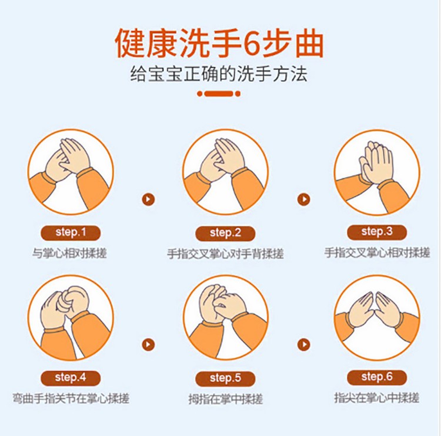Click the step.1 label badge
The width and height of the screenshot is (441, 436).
(71, 233)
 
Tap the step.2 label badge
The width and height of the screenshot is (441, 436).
(225, 234)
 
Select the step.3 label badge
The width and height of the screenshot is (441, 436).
(377, 232)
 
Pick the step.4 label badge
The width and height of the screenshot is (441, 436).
(71, 378)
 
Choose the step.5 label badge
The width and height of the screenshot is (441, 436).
(225, 378)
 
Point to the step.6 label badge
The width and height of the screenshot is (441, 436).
(377, 377)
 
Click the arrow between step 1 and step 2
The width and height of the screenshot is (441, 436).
(148, 199)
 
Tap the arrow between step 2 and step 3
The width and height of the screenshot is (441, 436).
(304, 199)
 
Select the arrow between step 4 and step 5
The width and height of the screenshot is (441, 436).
(148, 345)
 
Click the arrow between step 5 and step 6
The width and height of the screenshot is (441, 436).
(304, 345)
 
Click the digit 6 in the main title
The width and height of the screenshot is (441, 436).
(251, 43)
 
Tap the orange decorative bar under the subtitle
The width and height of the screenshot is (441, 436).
(219, 94)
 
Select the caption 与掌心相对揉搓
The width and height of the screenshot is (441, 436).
(69, 253)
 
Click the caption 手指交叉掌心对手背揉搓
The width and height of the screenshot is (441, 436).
(225, 254)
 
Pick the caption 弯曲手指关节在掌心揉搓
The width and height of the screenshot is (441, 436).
(71, 398)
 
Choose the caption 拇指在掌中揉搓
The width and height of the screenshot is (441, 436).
(226, 399)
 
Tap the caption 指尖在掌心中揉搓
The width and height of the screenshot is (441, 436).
(377, 398)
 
